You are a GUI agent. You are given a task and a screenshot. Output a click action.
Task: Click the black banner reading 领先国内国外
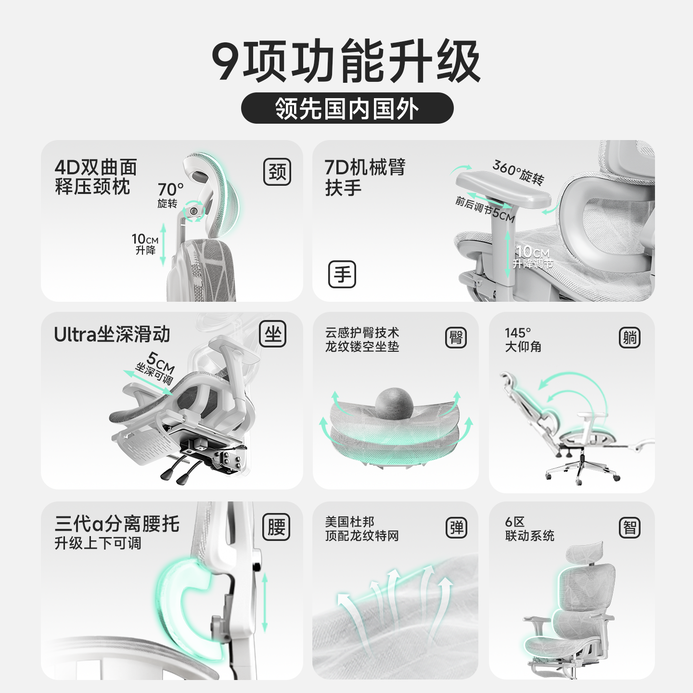347,108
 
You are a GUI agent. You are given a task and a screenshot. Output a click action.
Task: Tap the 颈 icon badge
277,172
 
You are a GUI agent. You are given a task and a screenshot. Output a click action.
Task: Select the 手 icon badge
342,274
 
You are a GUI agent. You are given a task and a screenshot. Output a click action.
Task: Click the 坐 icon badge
273,334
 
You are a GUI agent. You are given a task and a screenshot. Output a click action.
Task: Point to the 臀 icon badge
456,338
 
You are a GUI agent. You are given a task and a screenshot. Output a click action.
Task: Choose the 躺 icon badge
629,338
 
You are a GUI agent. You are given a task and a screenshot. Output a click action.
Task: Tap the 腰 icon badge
276,527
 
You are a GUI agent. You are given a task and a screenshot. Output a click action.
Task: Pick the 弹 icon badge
456,527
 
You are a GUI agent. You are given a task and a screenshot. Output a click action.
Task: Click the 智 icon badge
629,527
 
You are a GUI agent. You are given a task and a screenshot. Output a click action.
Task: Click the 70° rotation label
170,190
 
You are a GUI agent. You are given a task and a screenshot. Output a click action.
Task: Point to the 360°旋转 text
518,172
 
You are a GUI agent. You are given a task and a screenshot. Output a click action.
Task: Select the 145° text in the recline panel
517,333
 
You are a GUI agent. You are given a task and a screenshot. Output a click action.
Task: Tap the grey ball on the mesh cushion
394,403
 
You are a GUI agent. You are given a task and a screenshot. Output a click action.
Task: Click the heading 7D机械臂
365,167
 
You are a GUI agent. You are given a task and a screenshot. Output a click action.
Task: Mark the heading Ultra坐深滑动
112,334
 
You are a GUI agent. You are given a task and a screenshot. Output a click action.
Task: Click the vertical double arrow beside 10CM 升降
163,244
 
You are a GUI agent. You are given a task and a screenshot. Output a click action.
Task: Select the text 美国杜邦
349,522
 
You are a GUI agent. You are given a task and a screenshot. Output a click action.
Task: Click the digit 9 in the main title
225,61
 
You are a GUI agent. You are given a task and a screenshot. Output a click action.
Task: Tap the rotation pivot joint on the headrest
194,211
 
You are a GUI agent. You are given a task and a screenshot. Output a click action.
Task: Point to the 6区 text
514,522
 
